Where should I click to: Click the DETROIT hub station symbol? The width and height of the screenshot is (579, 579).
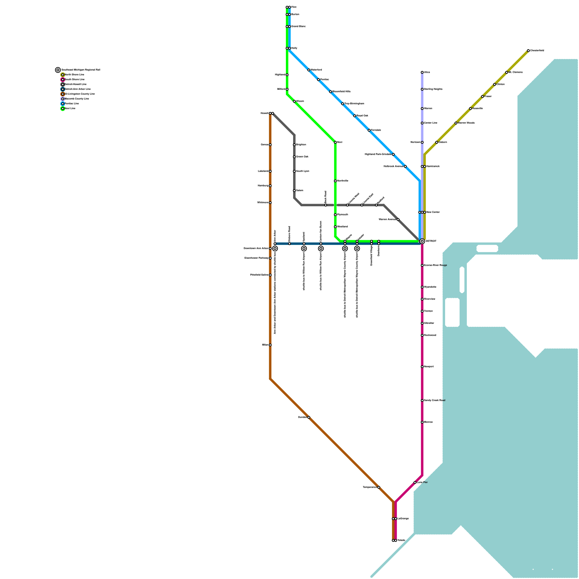pos(422,241)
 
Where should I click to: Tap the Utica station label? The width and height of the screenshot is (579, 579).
pos(427,72)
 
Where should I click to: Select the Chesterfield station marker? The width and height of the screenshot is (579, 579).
pos(528,51)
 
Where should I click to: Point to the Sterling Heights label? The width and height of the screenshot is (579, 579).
pos(433,89)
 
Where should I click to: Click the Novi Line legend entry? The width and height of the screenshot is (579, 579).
pos(70,109)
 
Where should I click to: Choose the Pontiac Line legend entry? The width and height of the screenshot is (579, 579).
pos(71,104)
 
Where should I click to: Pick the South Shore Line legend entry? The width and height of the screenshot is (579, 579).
pos(74,80)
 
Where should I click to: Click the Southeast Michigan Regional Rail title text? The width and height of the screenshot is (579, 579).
pos(81,70)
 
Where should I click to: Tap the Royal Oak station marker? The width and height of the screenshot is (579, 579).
pos(355,116)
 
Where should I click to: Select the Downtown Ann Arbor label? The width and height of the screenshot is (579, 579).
pos(256,249)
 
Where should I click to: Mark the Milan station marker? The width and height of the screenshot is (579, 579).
pos(270,345)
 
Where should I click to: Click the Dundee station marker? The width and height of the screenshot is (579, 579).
pos(309,417)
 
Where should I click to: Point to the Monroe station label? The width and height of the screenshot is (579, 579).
pos(428,422)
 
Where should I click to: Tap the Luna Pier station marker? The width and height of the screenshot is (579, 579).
pos(415,482)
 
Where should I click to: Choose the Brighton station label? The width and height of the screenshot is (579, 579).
pos(301,145)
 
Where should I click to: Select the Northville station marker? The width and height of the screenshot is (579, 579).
pos(335,181)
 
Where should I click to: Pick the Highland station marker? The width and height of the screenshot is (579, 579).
pos(287,75)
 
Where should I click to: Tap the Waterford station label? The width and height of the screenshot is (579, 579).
pos(316,70)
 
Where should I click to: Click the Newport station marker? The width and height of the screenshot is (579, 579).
pos(422,367)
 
